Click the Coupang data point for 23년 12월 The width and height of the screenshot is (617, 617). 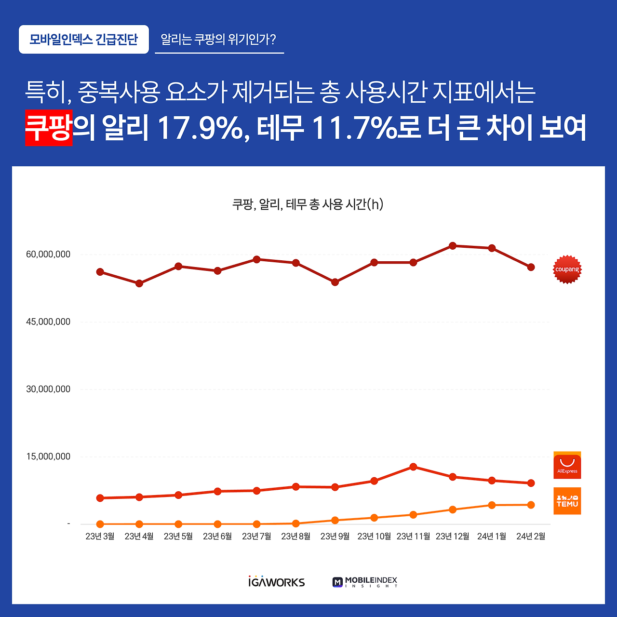click(452, 246)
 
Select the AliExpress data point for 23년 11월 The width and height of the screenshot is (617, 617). click(413, 467)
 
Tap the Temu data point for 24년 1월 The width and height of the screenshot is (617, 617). click(492, 505)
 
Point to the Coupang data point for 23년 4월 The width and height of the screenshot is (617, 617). click(139, 283)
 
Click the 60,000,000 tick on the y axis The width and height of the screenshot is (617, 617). click(48, 255)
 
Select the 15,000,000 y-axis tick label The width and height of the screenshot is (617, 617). click(48, 456)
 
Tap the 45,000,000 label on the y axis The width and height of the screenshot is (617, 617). click(48, 322)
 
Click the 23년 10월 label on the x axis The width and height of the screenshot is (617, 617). click(374, 537)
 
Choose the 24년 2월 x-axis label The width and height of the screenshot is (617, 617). click(531, 537)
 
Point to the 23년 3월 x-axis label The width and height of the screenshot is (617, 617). click(100, 537)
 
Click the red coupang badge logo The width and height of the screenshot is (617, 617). click(567, 269)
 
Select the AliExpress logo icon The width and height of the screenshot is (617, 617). click(567, 465)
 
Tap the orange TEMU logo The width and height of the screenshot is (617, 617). click(567, 501)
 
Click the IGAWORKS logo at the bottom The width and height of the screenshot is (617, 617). click(277, 582)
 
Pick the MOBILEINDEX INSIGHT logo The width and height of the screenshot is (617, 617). click(365, 582)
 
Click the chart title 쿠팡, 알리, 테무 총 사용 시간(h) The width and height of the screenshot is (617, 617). click(308, 204)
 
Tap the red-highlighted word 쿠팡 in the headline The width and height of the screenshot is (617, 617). click(49, 128)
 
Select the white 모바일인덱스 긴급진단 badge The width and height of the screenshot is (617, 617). click(84, 40)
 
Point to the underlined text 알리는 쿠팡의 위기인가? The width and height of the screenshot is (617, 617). click(218, 40)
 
